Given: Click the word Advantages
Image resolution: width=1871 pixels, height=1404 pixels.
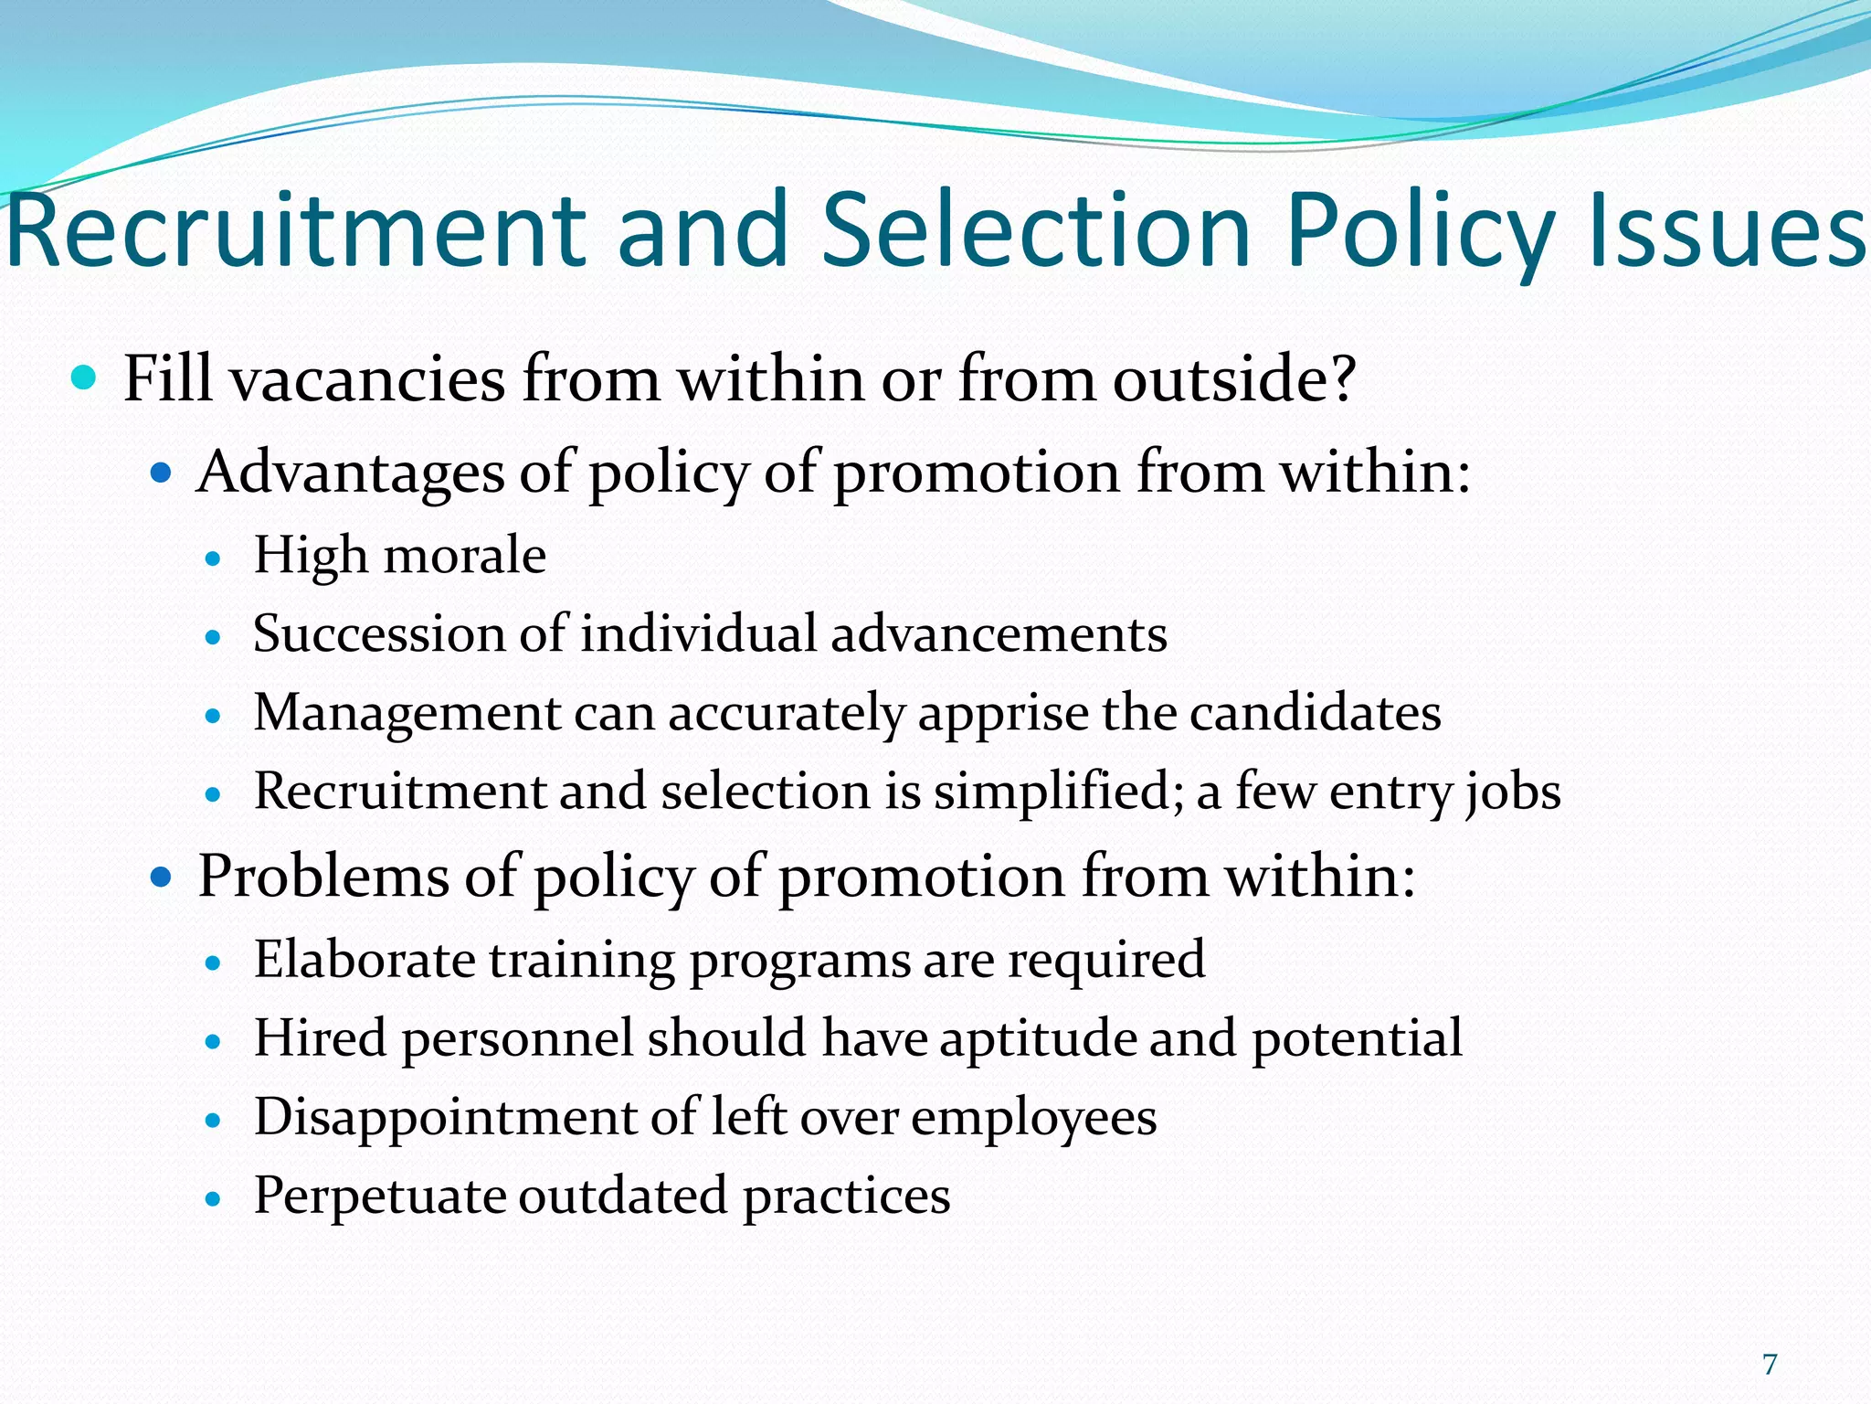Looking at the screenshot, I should click(x=351, y=473).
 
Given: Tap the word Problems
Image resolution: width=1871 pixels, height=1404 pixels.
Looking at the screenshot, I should click(x=323, y=877).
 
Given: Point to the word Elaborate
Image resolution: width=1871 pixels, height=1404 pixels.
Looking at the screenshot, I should click(x=365, y=960).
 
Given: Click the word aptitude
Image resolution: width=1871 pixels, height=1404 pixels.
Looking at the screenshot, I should click(x=1037, y=1038).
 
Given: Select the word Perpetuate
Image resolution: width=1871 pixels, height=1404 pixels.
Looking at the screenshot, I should click(x=379, y=1196).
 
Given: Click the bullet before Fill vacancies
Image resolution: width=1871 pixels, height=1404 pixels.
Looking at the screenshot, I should click(x=83, y=378).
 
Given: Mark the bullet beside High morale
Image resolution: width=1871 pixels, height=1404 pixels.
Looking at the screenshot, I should click(x=214, y=558).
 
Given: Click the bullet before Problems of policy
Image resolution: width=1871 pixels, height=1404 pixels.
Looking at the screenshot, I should click(x=161, y=878).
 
